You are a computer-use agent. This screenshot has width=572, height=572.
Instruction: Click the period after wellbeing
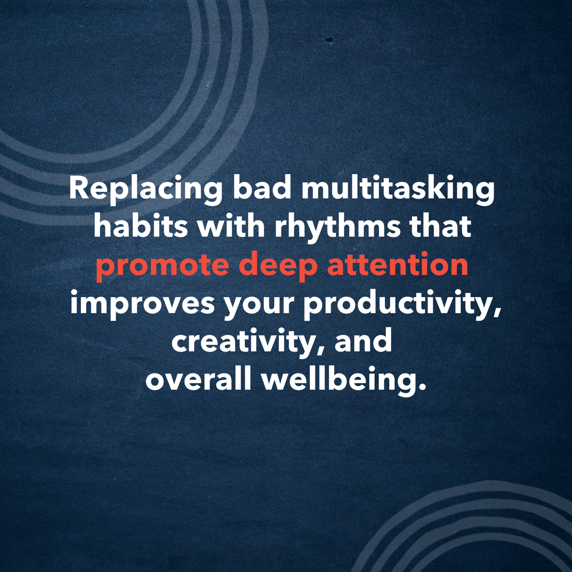tap(421, 387)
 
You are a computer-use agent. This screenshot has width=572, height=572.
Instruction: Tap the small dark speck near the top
tap(329, 39)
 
